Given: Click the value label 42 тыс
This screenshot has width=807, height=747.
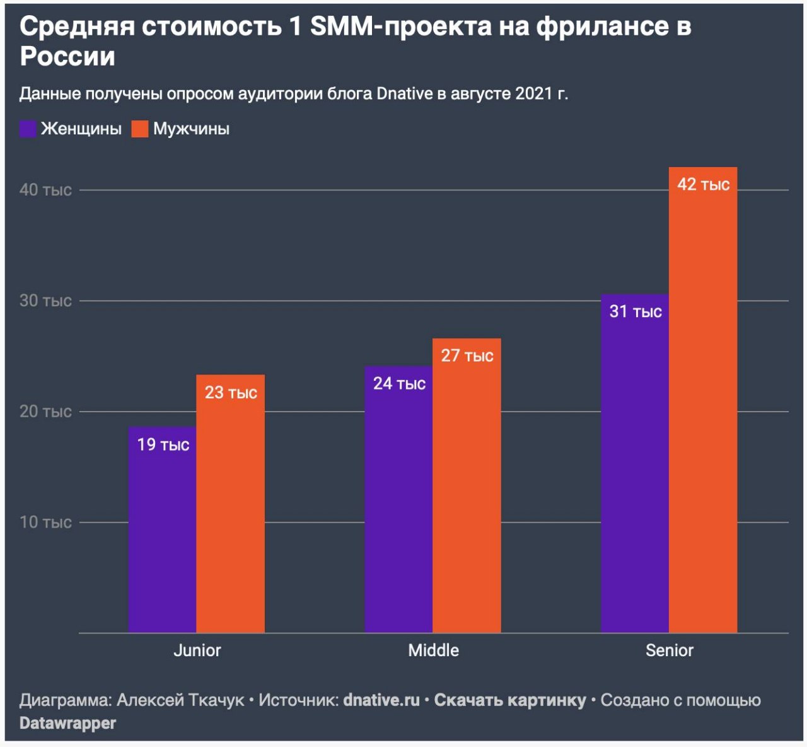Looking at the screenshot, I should click(703, 185).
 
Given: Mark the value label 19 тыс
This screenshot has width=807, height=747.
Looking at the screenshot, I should click(163, 445).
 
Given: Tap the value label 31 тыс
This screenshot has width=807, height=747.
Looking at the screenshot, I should click(636, 311).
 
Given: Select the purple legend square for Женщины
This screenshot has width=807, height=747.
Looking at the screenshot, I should click(28, 129).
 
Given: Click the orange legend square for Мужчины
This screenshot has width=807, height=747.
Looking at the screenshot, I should click(140, 129).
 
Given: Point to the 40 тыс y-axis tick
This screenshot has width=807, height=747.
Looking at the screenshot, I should click(45, 190).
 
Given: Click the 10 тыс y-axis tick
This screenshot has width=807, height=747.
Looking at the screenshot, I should click(45, 523).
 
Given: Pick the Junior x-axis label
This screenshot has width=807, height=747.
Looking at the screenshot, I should click(197, 651).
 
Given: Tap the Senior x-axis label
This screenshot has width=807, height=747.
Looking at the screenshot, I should click(669, 651).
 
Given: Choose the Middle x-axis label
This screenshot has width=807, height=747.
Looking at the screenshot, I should click(434, 651).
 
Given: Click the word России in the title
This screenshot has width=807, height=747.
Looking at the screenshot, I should click(67, 57).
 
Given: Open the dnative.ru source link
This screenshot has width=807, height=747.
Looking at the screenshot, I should click(381, 700).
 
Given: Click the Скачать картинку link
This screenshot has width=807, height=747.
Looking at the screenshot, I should click(510, 700).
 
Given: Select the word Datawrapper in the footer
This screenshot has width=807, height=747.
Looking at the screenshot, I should click(67, 723).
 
